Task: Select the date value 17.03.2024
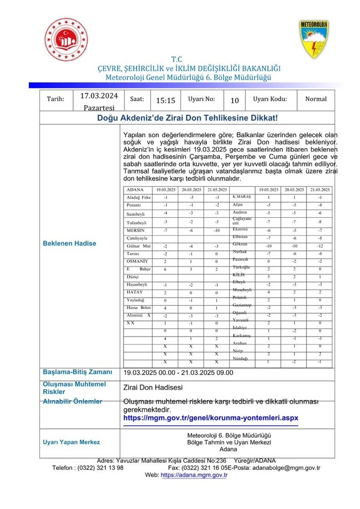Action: pos(99,96)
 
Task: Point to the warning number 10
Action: pos(235,101)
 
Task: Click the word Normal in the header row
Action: pos(316,99)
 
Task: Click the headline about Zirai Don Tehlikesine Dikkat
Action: pos(187,118)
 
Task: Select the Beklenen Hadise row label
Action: pos(70,244)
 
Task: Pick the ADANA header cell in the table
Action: pos(135,190)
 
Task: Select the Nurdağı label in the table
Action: pos(240,359)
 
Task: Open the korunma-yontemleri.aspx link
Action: pos(211,417)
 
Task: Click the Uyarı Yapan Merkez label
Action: pos(71,442)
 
